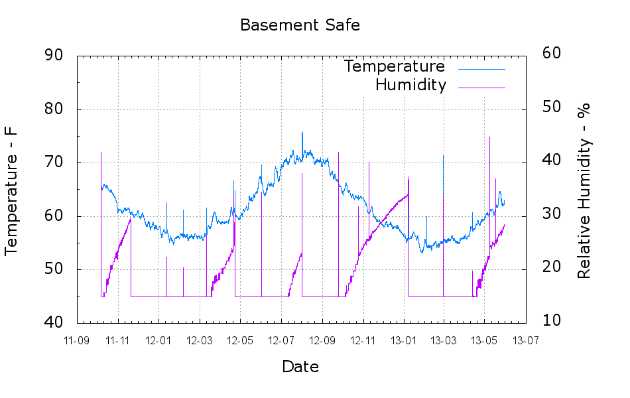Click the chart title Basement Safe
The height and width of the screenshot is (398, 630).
(x=300, y=25)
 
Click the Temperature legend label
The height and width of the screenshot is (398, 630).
(x=395, y=66)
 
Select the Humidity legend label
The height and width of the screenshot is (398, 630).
(x=410, y=85)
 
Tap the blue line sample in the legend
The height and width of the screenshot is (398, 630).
(x=481, y=68)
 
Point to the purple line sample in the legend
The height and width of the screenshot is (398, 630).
(x=481, y=87)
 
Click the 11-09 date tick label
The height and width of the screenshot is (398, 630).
(x=77, y=340)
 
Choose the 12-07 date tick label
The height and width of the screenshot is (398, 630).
(x=281, y=340)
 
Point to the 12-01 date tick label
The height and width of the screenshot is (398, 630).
(x=158, y=340)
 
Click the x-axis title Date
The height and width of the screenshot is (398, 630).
(x=300, y=367)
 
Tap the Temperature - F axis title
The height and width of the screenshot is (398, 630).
(x=11, y=190)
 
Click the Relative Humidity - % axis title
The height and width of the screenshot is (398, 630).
(x=584, y=190)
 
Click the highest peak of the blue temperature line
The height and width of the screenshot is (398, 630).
(x=302, y=132)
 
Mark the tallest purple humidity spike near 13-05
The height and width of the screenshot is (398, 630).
(x=489, y=137)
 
